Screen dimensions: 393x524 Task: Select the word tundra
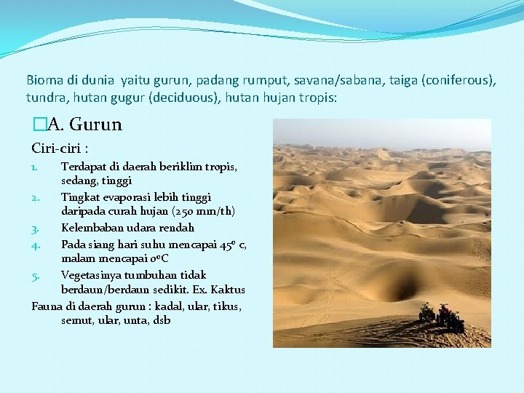point(44,97)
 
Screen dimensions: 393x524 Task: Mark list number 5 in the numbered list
point(35,275)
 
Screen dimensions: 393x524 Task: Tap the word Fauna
point(47,306)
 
